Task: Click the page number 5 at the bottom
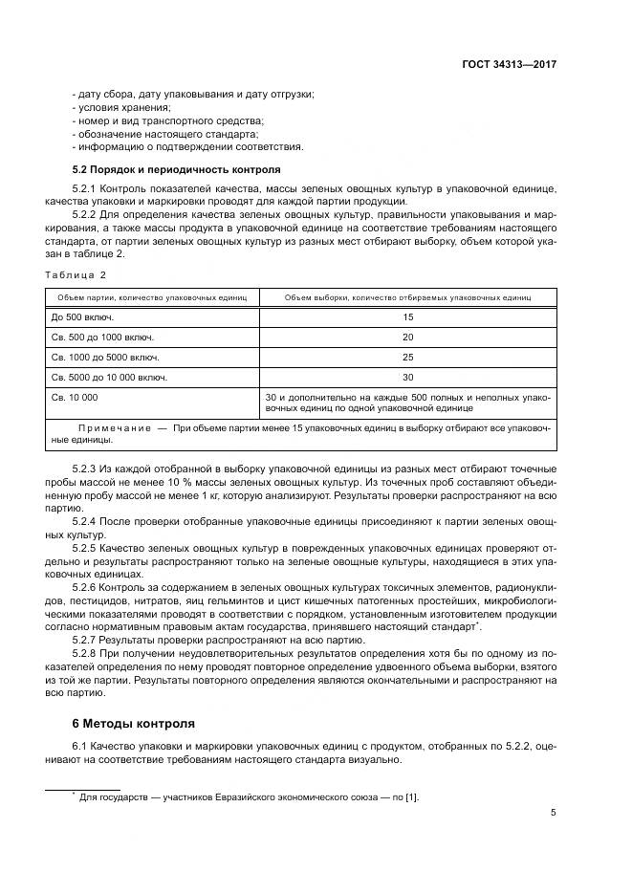[554, 813]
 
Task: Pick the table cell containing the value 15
[407, 316]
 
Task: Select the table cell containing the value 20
[407, 337]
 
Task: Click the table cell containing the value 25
[407, 357]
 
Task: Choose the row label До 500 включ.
[79, 316]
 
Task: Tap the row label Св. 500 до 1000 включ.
[102, 337]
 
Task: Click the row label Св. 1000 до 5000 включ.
[105, 357]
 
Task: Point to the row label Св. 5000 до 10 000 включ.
[109, 378]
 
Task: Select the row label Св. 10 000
[74, 397]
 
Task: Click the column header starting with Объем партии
[151, 297]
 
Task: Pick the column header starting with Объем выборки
[407, 297]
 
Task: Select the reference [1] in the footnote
[411, 796]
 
